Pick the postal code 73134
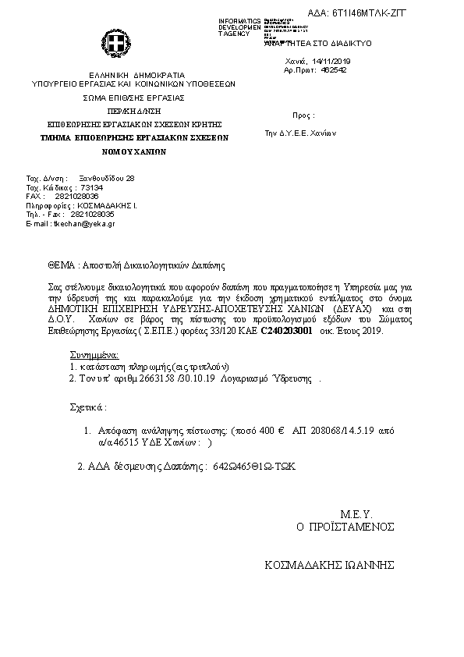point(92,188)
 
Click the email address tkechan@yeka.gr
point(82,223)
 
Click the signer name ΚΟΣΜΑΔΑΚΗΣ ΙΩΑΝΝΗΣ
point(331,565)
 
